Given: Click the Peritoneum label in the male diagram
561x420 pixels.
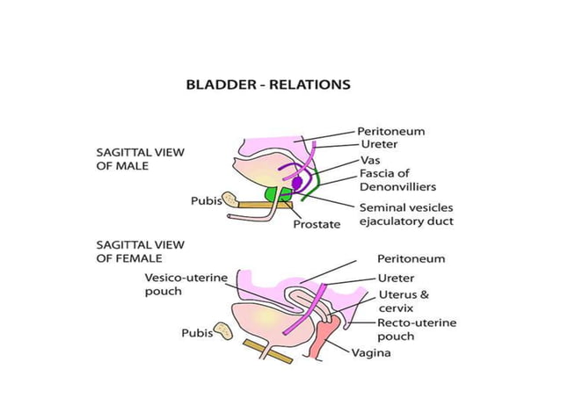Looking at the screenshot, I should click(x=390, y=131).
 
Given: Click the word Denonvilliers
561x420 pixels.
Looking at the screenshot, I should click(x=397, y=186).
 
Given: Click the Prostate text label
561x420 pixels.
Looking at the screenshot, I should click(x=316, y=224).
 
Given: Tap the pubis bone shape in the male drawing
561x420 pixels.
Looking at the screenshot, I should click(x=230, y=199).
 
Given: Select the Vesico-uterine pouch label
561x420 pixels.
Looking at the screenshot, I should click(x=186, y=284).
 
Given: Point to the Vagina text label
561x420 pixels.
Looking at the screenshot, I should click(x=371, y=353).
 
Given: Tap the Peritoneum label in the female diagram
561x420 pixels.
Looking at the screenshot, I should click(x=411, y=259).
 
